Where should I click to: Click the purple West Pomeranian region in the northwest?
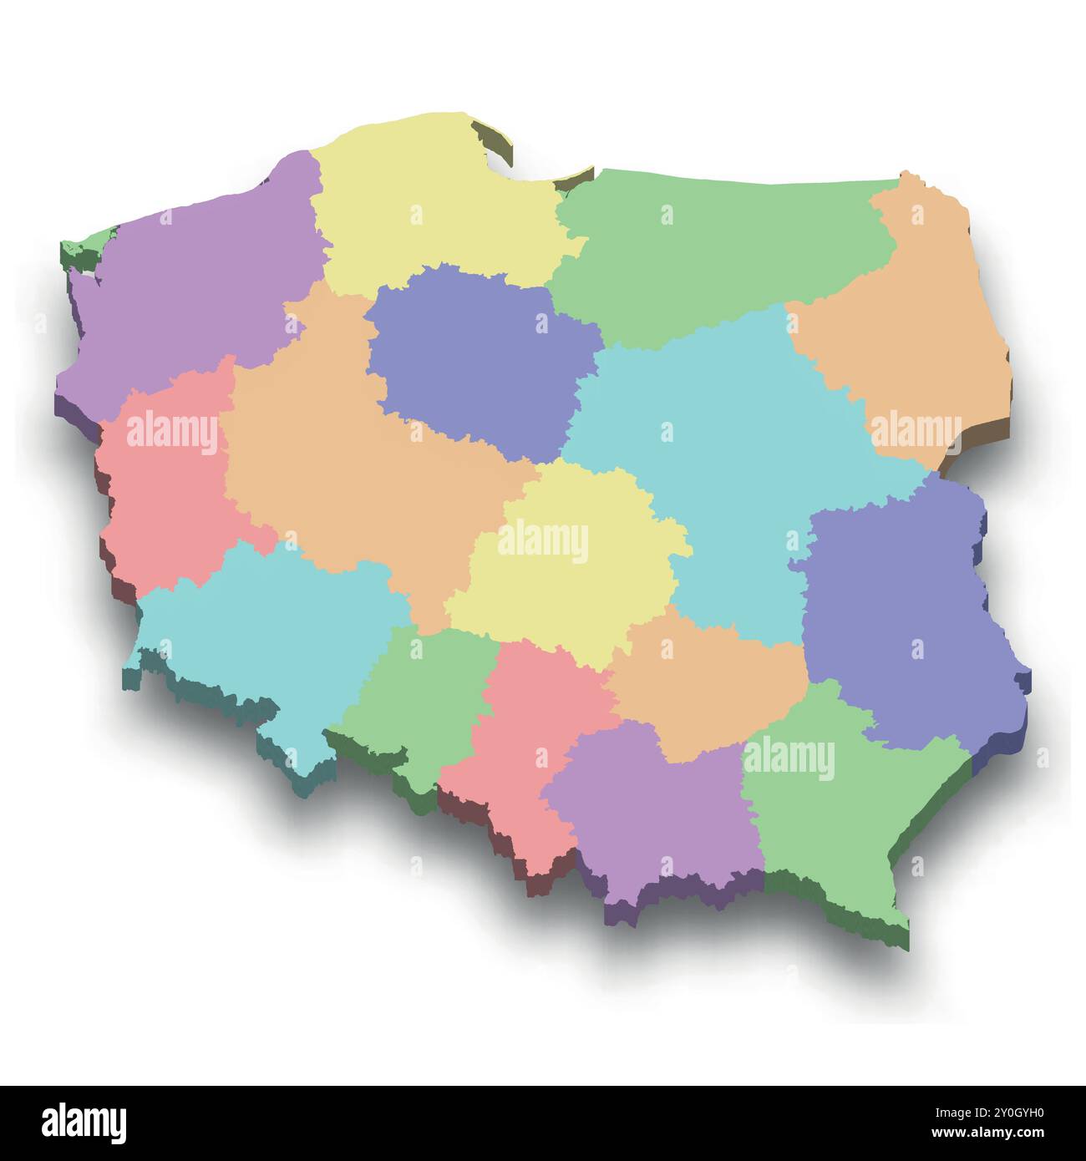tap(192, 284)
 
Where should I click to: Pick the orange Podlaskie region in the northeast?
tap(911, 326)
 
